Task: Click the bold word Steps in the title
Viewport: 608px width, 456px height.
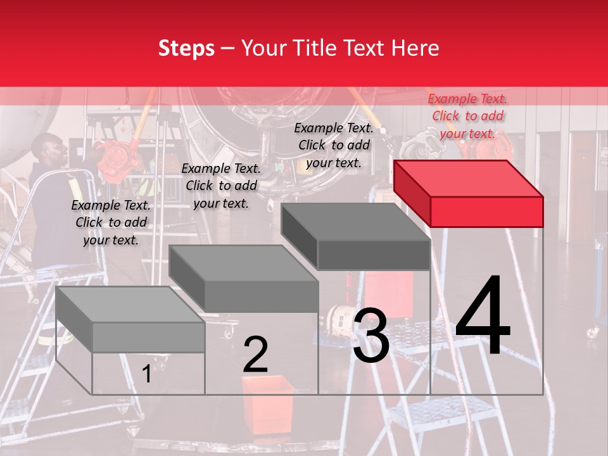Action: click(186, 48)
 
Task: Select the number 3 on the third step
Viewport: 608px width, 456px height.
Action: click(370, 336)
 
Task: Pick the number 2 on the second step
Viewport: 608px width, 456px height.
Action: click(255, 355)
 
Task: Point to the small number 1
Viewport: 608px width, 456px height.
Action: click(146, 374)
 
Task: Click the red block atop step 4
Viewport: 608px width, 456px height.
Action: click(469, 193)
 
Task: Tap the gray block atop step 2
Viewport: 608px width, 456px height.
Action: click(244, 279)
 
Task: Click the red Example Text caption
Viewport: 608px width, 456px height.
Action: click(467, 116)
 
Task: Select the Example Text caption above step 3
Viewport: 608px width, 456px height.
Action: click(334, 145)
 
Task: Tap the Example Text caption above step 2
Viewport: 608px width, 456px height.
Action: click(221, 186)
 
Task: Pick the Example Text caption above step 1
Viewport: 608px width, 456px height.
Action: click(111, 222)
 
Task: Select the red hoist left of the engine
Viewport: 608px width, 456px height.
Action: click(113, 158)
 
